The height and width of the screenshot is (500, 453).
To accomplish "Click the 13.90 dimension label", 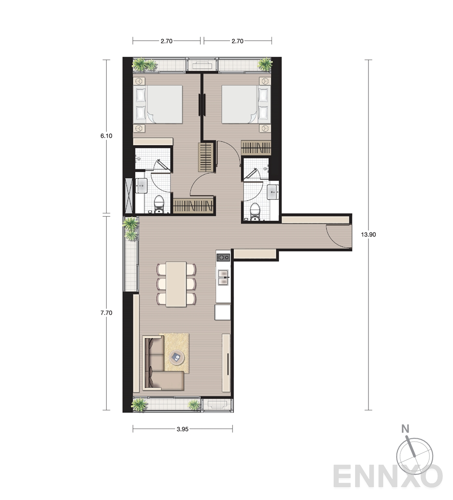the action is point(368,235).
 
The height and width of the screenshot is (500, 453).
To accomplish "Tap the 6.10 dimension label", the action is point(106,136).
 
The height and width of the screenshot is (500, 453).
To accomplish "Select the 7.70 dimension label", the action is point(106,313).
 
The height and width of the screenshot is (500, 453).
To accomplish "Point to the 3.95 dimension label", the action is point(183,429).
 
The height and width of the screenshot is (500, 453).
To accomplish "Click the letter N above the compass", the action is point(406,429).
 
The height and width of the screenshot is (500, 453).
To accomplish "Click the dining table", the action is point(176,284).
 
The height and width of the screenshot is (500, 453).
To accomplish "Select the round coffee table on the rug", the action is point(177,358).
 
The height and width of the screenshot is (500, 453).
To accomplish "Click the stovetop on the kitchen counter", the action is point(223,257).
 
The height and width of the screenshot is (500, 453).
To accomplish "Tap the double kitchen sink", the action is point(223,277).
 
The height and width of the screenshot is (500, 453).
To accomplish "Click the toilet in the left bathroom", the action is point(159,205).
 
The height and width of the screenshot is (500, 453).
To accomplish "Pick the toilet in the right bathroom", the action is point(255,212).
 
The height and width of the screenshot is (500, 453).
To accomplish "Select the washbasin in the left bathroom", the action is point(141,186).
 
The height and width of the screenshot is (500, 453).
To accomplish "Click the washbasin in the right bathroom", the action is point(273,192).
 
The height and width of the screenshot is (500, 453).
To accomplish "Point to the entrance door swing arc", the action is point(334,240).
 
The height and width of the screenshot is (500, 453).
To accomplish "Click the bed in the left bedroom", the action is point(160,104).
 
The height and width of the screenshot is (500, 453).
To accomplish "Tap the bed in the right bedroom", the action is point(246,104).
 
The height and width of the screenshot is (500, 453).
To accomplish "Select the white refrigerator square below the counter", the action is point(222,312).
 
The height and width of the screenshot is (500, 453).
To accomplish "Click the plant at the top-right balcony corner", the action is point(265,64).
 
